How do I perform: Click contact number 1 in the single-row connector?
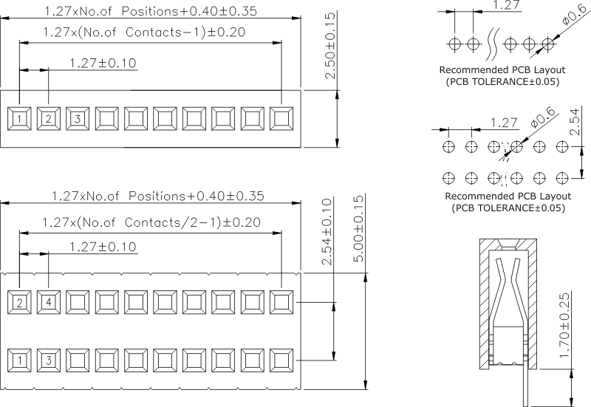click(x=19, y=117)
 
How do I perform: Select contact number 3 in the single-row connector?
click(x=78, y=117)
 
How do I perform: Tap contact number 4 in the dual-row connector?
click(x=49, y=301)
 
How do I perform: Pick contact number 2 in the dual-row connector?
click(x=19, y=301)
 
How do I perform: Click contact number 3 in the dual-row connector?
click(x=49, y=360)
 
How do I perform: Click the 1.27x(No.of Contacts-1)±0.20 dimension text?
click(x=144, y=32)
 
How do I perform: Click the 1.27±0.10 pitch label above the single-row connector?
click(x=103, y=63)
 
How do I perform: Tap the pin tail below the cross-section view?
click(x=527, y=388)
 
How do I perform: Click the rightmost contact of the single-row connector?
click(x=281, y=117)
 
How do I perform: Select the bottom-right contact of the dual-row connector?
click(x=281, y=360)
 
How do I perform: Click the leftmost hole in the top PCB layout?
click(x=453, y=43)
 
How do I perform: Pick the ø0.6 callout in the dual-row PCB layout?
click(x=544, y=117)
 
